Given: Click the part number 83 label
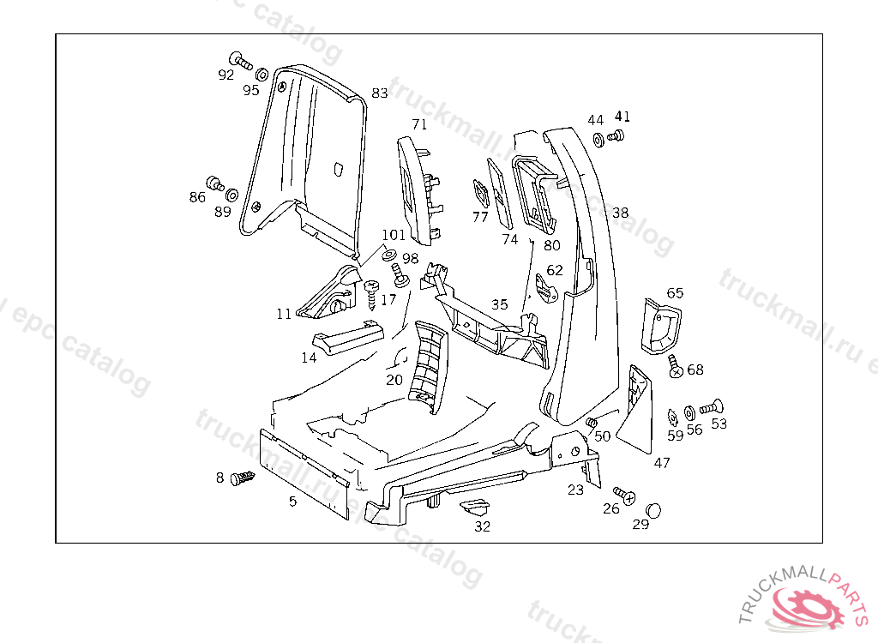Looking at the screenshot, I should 380,93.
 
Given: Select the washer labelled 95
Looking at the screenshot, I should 261,74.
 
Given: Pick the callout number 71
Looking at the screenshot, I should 418,124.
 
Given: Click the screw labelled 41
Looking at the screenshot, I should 616,135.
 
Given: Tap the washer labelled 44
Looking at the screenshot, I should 598,138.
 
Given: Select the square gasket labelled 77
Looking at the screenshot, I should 479,194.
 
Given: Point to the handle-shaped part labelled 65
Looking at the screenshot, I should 661,325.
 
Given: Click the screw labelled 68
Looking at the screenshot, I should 676,367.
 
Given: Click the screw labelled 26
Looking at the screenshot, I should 625,495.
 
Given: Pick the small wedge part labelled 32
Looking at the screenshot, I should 474,507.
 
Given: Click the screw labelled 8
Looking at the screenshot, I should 244,478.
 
